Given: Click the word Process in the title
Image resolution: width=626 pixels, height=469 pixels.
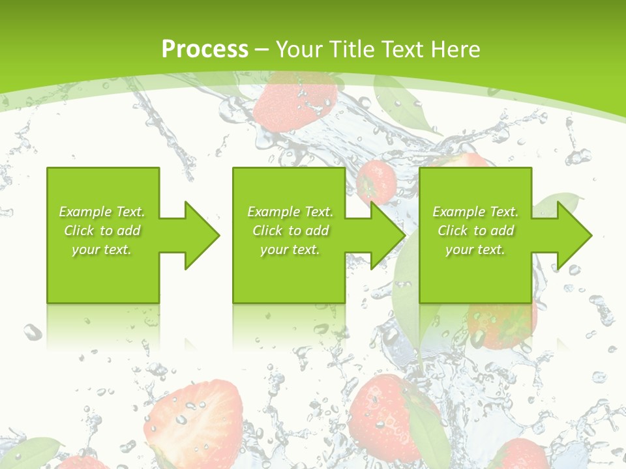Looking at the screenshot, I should (205, 49).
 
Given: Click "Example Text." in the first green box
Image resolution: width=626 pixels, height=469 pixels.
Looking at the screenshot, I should (102, 212).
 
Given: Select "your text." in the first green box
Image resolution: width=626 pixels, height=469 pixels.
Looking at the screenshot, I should (102, 249).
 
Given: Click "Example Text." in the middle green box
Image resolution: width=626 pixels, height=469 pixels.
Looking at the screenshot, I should (290, 212).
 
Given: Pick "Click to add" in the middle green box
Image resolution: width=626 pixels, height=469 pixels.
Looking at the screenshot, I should (290, 231).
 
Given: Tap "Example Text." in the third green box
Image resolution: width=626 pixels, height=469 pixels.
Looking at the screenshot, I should (475, 212).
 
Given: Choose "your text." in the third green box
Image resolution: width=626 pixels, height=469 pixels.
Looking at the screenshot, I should (475, 249).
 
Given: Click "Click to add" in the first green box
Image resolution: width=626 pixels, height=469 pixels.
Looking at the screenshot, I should (102, 231).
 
